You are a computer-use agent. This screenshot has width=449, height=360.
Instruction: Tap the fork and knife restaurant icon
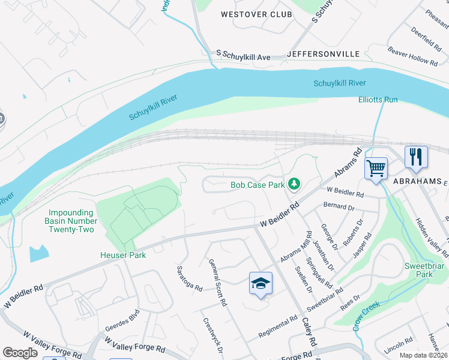pyautogui.click(x=415, y=157)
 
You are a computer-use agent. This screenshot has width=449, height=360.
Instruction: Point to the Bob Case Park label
pyautogui.click(x=258, y=185)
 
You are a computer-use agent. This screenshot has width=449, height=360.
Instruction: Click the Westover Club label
pyautogui.click(x=256, y=14)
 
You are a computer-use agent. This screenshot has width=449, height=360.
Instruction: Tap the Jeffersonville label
pyautogui.click(x=324, y=54)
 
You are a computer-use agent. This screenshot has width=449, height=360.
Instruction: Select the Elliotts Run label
pyautogui.click(x=378, y=100)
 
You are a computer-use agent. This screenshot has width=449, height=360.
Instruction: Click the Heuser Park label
pyautogui.click(x=122, y=255)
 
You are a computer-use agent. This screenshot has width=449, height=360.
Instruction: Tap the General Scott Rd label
pyautogui.click(x=217, y=283)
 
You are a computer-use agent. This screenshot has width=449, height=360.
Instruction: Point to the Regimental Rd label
pyautogui.click(x=278, y=326)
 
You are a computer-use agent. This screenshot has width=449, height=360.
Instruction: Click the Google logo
pyautogui.click(x=20, y=353)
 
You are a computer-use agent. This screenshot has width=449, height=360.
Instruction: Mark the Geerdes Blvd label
pyautogui.click(x=122, y=321)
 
